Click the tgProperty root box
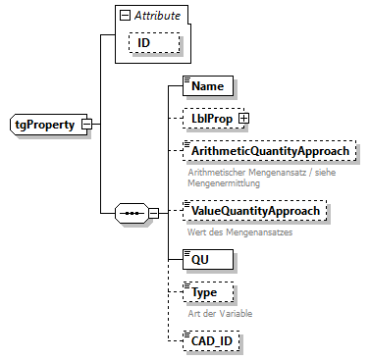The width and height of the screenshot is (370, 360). point(46,125)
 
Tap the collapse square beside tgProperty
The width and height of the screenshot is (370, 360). point(87,126)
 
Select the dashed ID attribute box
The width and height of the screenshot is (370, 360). point(142,43)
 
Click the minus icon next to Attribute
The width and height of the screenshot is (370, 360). point(123,16)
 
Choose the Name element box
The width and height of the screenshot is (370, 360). point(207,86)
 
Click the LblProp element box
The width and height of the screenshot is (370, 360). point(211,119)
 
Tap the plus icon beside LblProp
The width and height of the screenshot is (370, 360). point(243,119)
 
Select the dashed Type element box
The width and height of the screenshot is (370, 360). point(208,291)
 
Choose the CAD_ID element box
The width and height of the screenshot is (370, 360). point(213,341)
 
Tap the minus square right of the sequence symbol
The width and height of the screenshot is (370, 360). point(152,212)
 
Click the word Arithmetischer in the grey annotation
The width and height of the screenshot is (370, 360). point(219,172)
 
